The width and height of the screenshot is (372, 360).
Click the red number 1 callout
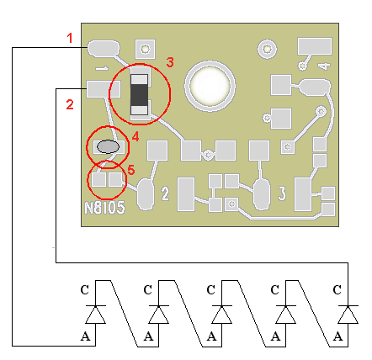70,38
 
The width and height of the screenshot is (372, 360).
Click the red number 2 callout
70,104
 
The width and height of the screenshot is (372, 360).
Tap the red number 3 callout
170,62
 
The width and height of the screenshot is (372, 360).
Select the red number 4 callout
136,137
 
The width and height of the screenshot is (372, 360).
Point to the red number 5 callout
131,170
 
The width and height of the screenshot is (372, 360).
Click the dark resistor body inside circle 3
139,95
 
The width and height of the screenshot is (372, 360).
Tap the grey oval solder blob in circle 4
108,146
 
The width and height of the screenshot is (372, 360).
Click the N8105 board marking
104,208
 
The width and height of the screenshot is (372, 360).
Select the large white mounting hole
210,86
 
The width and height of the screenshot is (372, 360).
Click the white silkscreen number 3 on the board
282,193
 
